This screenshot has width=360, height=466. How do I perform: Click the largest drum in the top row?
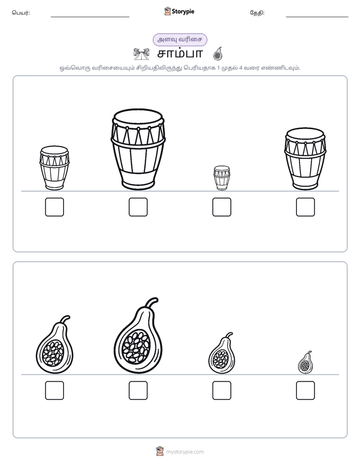pyautogui.click(x=138, y=149)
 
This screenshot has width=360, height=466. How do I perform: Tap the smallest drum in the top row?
pyautogui.click(x=221, y=178)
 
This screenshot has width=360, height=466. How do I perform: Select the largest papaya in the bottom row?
pyautogui.click(x=138, y=336)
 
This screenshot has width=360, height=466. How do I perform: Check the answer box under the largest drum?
pyautogui.click(x=138, y=207)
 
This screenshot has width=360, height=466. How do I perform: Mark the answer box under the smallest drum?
pyautogui.click(x=221, y=207)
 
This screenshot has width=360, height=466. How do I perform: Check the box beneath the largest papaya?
pyautogui.click(x=138, y=390)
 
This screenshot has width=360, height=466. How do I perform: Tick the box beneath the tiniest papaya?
pyautogui.click(x=306, y=390)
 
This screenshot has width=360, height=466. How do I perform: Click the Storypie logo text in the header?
pyautogui.click(x=183, y=12)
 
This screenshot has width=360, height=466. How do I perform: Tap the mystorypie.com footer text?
pyautogui.click(x=185, y=452)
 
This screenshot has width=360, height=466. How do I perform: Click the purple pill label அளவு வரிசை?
pyautogui.click(x=179, y=40)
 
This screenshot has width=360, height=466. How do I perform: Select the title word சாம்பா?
pyautogui.click(x=180, y=54)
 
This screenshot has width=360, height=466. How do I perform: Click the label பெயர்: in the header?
pyautogui.click(x=21, y=13)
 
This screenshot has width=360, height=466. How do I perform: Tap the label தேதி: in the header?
pyautogui.click(x=257, y=13)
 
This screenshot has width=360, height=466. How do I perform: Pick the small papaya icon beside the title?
pyautogui.click(x=218, y=53)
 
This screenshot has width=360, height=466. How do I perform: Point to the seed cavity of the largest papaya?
pyautogui.click(x=136, y=346)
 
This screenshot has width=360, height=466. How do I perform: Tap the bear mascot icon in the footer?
pyautogui.click(x=160, y=451)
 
